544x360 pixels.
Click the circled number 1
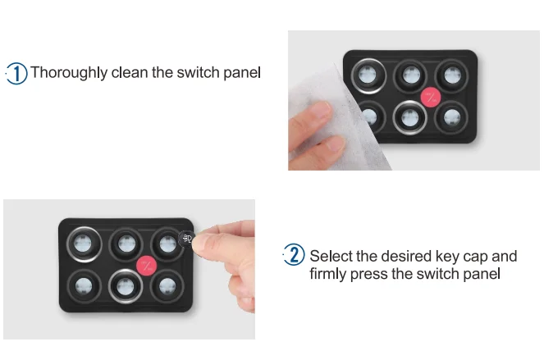(16, 73)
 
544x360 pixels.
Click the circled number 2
(295, 254)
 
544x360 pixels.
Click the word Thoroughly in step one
(69, 73)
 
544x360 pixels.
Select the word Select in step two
(331, 256)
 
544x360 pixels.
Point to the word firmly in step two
(328, 274)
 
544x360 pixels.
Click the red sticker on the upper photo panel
(431, 97)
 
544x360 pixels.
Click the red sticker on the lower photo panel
(146, 266)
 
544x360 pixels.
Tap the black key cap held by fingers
(186, 239)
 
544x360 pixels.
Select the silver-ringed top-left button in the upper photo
(368, 75)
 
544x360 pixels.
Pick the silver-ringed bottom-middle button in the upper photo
(409, 117)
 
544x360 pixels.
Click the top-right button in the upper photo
(452, 76)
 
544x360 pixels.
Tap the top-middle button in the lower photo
(126, 244)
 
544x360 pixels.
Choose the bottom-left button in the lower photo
(84, 286)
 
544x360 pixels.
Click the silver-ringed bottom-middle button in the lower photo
(126, 286)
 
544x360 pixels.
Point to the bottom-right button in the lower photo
(167, 286)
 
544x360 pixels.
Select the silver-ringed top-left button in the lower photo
(84, 244)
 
